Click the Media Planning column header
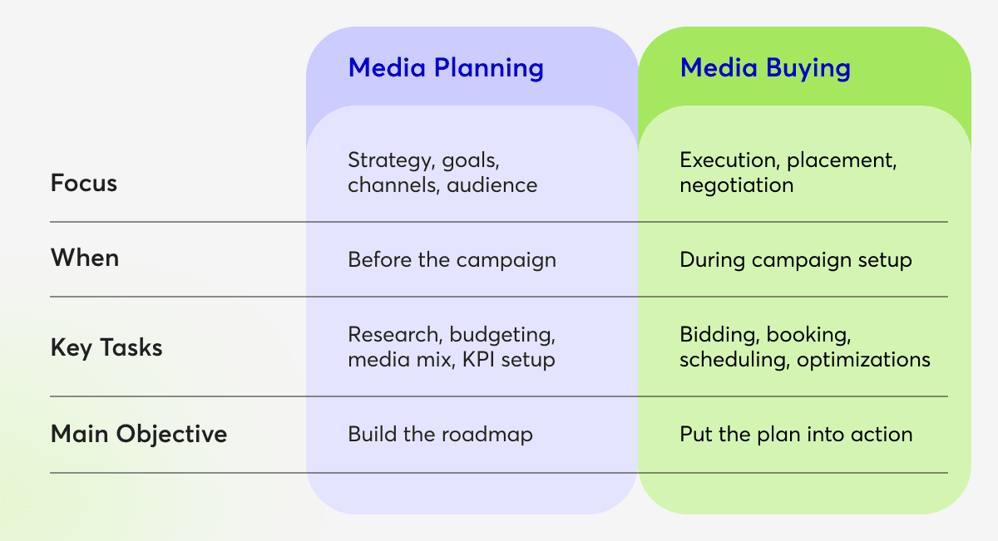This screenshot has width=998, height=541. (x=446, y=68)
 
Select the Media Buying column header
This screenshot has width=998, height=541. (x=765, y=68)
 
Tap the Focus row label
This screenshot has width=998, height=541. (x=84, y=183)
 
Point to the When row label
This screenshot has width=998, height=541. (x=85, y=258)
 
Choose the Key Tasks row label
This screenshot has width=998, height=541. (x=106, y=347)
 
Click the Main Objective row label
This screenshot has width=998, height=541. (x=139, y=434)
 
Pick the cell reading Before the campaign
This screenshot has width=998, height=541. (x=452, y=260)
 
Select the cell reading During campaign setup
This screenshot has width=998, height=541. (x=796, y=260)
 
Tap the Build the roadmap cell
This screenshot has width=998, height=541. (x=440, y=434)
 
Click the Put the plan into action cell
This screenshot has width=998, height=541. (x=796, y=434)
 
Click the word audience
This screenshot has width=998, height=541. (x=492, y=185)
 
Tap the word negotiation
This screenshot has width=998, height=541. (x=737, y=186)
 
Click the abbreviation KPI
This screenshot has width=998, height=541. (x=478, y=359)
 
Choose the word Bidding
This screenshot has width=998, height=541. (x=719, y=335)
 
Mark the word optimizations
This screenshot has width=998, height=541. (x=863, y=360)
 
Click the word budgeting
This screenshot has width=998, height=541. (x=502, y=335)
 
